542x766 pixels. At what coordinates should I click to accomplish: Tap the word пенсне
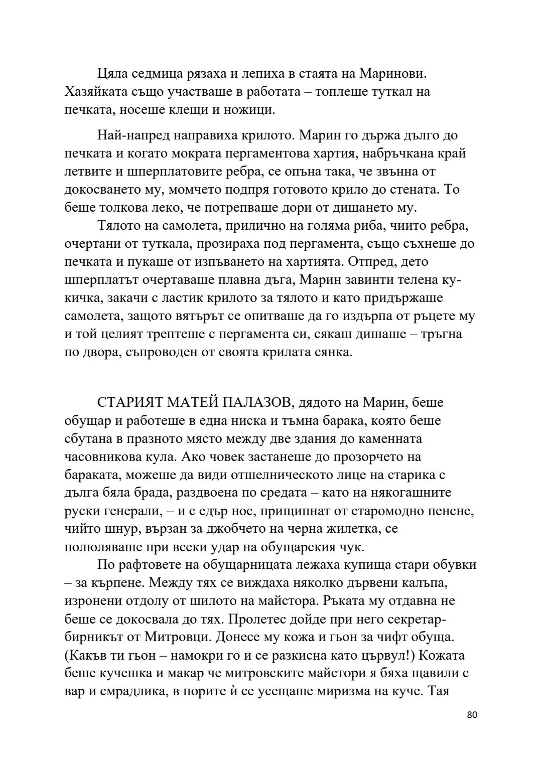454,511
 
